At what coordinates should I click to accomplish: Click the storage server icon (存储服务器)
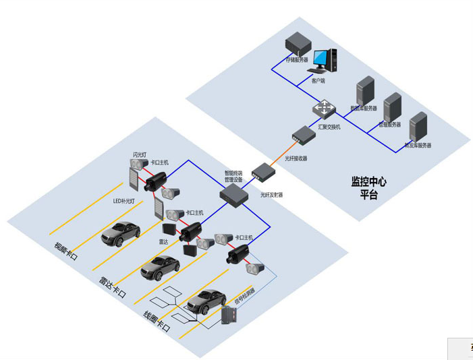296,45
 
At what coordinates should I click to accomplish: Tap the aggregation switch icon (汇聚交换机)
326,109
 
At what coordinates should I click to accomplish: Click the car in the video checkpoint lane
120,233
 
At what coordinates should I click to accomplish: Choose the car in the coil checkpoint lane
206,301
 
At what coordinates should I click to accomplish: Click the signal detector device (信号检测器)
231,316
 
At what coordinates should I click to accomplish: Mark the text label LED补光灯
123,201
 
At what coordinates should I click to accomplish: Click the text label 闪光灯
140,156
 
